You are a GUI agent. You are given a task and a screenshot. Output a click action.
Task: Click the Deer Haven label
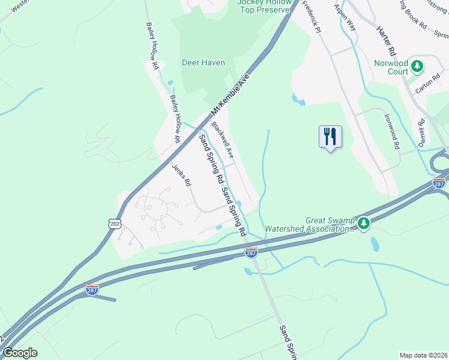click(x=203, y=62)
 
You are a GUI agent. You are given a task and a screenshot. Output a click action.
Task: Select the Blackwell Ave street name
click(x=223, y=140)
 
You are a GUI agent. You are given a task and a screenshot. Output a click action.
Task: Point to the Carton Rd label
click(x=429, y=85)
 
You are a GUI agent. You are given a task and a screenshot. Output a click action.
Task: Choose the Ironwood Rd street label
click(x=391, y=132)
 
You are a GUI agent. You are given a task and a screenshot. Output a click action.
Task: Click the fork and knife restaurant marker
click(x=330, y=137)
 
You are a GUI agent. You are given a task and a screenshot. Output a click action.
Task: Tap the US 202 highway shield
click(x=115, y=223)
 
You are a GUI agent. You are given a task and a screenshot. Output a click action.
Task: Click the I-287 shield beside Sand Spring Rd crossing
click(x=252, y=252)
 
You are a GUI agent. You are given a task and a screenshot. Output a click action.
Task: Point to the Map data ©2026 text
click(x=423, y=355)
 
